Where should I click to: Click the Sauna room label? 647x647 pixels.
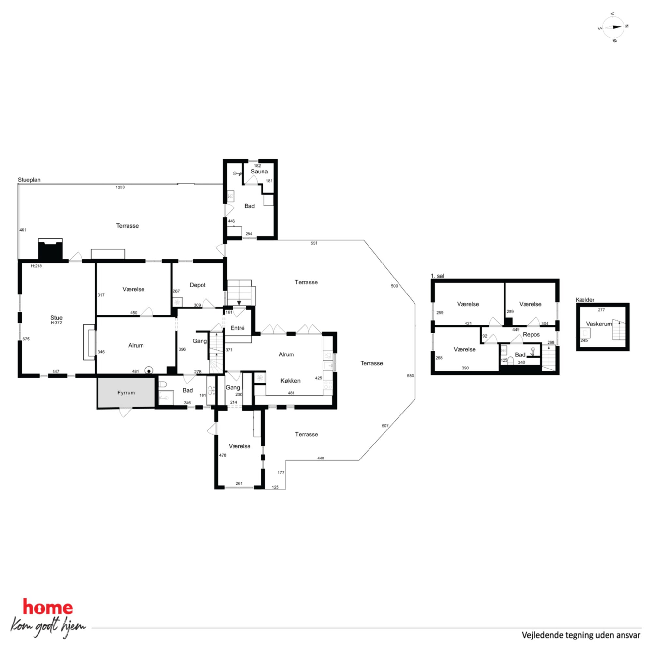click(x=259, y=172)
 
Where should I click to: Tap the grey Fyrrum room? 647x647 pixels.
click(x=126, y=393)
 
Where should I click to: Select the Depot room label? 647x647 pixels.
click(x=198, y=285)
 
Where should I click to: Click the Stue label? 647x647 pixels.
click(x=56, y=318)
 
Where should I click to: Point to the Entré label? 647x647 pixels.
click(x=237, y=328)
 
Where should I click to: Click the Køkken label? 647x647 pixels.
click(x=290, y=381)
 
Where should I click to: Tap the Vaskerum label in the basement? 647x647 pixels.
click(x=599, y=324)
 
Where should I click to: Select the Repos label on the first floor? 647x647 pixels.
click(x=531, y=335)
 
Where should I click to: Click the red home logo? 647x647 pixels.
click(x=48, y=607)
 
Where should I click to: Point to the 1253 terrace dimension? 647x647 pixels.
click(x=120, y=187)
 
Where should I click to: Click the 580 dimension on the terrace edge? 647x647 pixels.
click(x=410, y=376)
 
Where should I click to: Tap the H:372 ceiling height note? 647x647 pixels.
click(x=56, y=323)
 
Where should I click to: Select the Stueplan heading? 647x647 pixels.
click(x=29, y=180)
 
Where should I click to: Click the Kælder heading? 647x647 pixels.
click(x=585, y=300)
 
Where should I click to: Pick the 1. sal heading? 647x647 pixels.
click(x=437, y=276)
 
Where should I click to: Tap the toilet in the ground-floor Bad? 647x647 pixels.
click(x=162, y=384)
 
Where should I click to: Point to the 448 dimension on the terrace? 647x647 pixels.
click(x=321, y=458)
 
